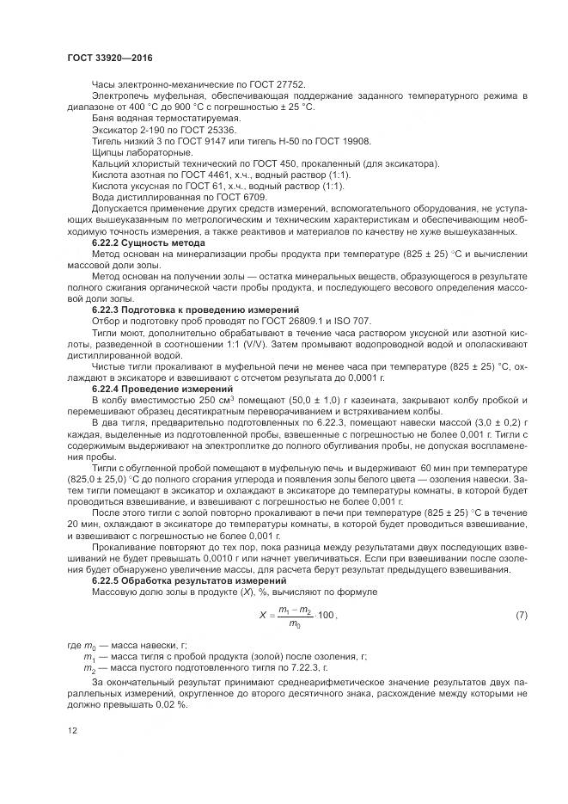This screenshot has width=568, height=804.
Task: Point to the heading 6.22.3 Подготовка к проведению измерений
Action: [x=195, y=309]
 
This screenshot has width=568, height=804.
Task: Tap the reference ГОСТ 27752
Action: [x=276, y=84]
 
